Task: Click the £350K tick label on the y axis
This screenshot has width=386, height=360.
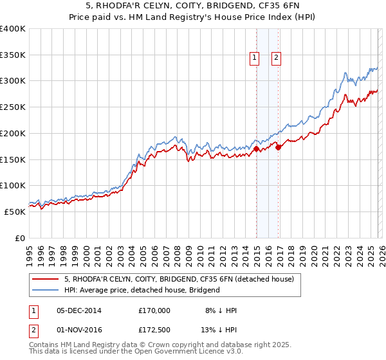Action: pyautogui.click(x=13, y=55)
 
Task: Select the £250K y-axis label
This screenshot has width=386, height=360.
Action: pyautogui.click(x=13, y=107)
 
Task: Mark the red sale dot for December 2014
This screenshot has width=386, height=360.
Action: pyautogui.click(x=256, y=149)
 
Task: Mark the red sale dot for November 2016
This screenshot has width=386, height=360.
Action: pyautogui.click(x=278, y=148)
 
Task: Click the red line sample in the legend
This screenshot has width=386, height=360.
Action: pyautogui.click(x=46, y=279)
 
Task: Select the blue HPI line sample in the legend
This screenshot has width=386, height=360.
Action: pyautogui.click(x=46, y=290)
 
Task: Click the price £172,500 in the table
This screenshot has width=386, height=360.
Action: pyautogui.click(x=154, y=330)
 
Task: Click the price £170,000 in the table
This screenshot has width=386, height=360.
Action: pyautogui.click(x=154, y=310)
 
